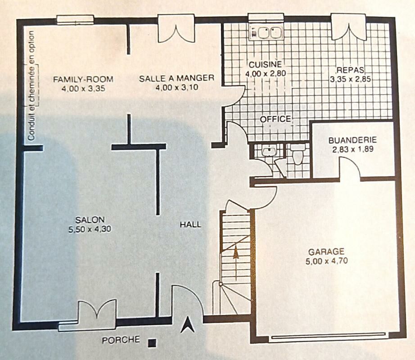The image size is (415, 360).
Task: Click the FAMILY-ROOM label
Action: [83, 79]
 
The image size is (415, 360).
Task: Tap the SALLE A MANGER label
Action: [176, 78]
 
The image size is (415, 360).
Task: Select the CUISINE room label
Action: [265, 64]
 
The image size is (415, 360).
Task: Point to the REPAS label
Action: [350, 70]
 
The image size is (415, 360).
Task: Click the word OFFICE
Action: [275, 119]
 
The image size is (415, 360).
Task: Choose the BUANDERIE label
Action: [352, 140]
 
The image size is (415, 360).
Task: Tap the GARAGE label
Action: [326, 251]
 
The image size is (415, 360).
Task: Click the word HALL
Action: [190, 225]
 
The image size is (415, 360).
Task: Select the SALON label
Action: [90, 220]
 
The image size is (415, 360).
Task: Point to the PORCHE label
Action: [121, 340]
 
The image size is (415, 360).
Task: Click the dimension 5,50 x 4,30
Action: [90, 229]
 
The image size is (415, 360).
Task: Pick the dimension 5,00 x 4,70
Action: [327, 261]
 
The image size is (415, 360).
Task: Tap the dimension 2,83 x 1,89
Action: [353, 149]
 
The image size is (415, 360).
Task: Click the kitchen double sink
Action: [266, 33]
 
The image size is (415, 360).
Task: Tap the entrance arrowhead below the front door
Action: [188, 325]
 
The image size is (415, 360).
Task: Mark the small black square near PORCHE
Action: [152, 343]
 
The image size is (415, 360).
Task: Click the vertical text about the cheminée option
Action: [32, 85]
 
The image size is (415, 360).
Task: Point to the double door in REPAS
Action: [349, 29]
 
